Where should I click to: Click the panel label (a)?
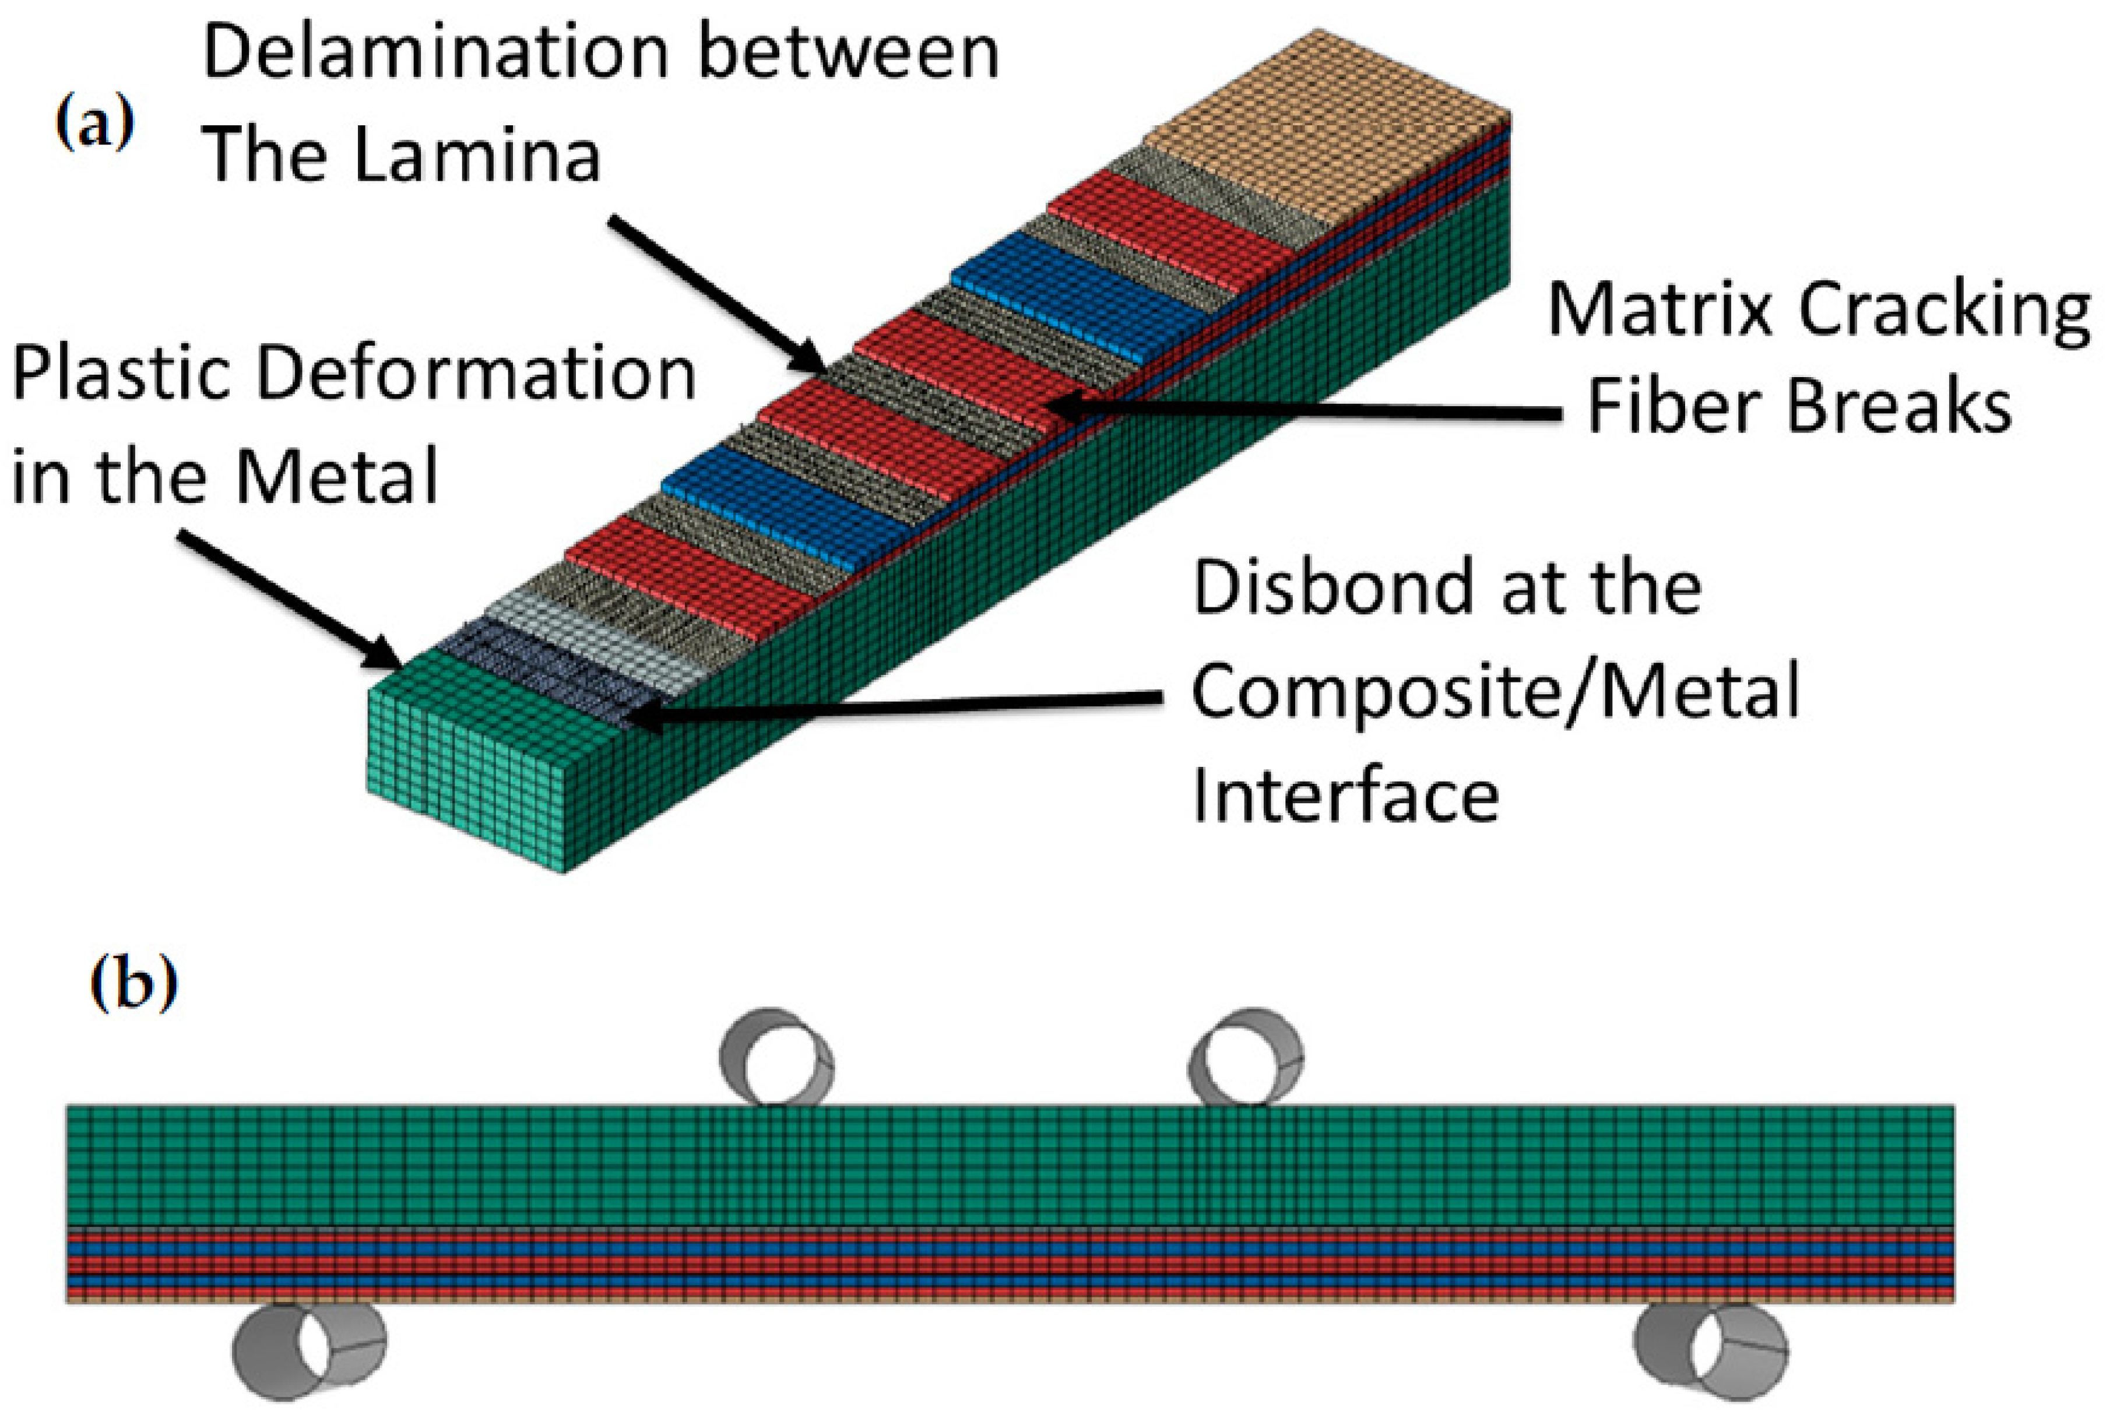point(94,124)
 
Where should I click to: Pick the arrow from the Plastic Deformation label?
point(288,599)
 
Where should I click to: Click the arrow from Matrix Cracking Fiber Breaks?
point(1305,410)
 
